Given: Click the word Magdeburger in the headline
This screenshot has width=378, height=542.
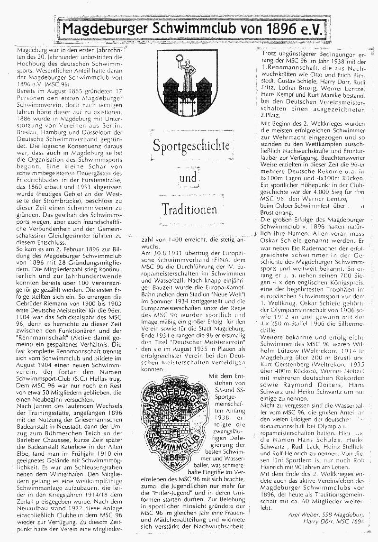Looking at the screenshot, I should [x=105, y=31].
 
